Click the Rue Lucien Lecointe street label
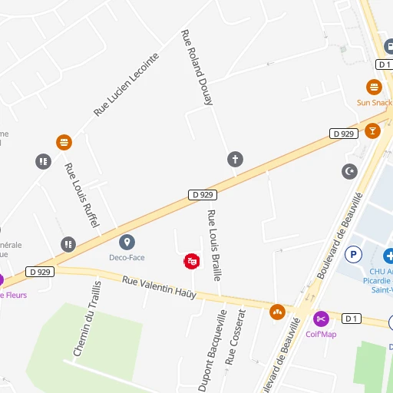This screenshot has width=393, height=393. click(x=126, y=84)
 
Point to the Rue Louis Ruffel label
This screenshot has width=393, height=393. click(x=82, y=196)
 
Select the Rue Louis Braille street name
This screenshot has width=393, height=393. click(x=214, y=245)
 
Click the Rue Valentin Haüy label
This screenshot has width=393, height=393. click(x=159, y=288)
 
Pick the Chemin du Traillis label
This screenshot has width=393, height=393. click(x=87, y=319)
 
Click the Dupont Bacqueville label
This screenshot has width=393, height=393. click(x=213, y=351)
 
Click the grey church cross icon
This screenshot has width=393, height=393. click(x=235, y=159)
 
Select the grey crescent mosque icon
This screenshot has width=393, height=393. click(x=349, y=170)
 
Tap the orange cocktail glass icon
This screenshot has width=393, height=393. click(x=373, y=130)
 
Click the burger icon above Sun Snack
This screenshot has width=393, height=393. click(x=374, y=87)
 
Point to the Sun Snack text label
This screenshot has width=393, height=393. click(x=374, y=102)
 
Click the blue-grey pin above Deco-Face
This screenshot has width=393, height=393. click(x=127, y=243)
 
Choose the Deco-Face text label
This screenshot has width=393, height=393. click(x=127, y=258)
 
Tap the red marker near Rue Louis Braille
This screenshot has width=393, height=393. click(x=191, y=262)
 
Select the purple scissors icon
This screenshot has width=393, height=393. click(x=321, y=318)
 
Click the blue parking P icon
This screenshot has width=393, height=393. click(x=354, y=253)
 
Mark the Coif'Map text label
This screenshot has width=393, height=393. click(x=321, y=334)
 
